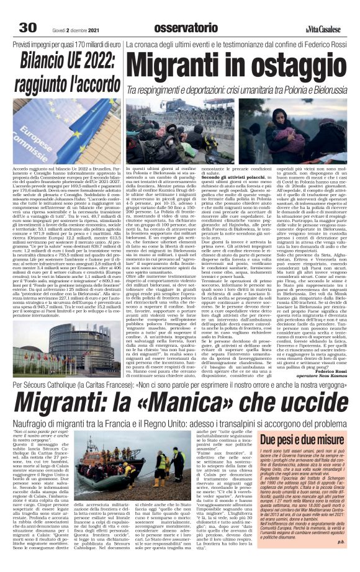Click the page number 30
(x=29, y=28)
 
